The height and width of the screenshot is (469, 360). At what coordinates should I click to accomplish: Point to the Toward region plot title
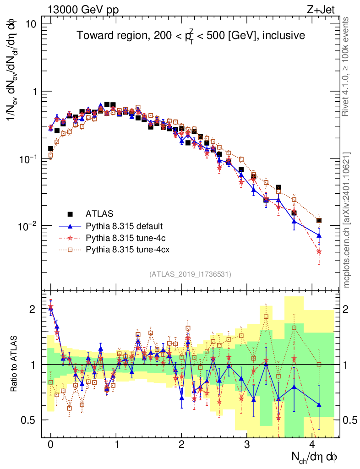[191, 36]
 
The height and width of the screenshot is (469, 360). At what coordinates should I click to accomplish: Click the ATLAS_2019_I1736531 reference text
[190, 274]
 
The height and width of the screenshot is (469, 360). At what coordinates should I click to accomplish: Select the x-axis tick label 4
[312, 444]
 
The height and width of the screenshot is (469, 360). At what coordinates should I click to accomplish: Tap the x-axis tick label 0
[51, 444]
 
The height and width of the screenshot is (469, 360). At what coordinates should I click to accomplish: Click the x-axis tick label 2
[181, 444]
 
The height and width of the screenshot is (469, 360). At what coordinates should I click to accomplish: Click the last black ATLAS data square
[319, 221]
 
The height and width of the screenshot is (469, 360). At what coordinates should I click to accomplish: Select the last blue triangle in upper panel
[319, 235]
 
